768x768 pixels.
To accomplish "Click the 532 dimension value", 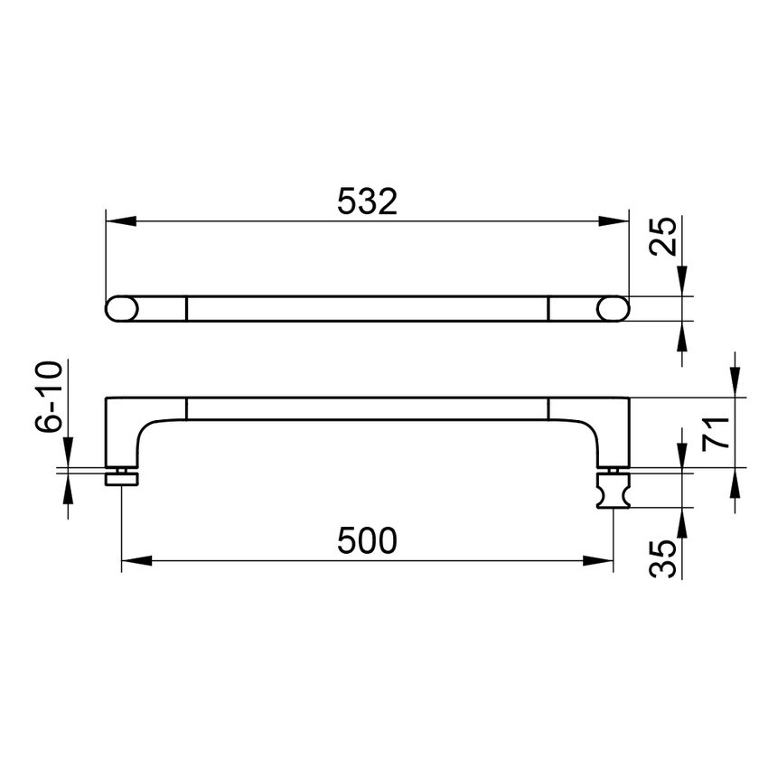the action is (367, 201).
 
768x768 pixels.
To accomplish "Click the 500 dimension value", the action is (367, 540).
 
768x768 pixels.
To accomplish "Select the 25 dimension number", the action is (662, 237).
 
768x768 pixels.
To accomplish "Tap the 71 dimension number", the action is (716, 433).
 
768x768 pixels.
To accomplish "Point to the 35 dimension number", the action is (662, 558).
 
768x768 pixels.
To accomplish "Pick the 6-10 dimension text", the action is (49, 397).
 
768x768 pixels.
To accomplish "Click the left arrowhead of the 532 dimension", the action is (120, 220).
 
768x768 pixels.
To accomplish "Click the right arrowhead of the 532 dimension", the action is (613, 220).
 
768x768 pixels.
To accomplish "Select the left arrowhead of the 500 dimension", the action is (136, 561).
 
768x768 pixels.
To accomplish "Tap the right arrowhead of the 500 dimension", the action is (598, 561).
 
